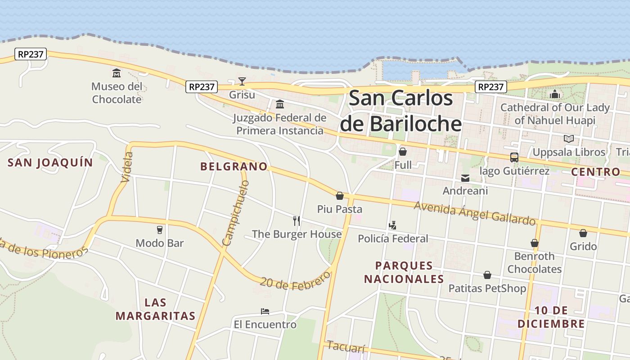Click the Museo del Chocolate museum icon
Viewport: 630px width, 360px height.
(117, 73)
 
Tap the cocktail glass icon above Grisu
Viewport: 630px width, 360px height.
(242, 81)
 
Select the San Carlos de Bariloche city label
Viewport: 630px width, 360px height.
(400, 111)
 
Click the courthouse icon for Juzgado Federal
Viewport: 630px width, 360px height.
(280, 104)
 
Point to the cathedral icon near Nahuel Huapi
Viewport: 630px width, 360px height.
(555, 94)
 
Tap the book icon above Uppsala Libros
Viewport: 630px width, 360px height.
(569, 139)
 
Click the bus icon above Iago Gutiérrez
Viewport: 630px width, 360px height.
(514, 157)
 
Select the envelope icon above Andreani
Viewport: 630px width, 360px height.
(465, 178)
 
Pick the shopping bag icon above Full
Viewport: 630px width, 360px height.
(403, 152)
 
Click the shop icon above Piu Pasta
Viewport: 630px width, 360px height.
(340, 196)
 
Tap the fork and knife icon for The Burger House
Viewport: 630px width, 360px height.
(296, 221)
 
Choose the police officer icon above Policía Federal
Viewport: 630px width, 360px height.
(393, 225)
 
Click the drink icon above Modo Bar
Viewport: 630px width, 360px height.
(160, 230)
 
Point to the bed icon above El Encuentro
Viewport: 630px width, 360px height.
(265, 311)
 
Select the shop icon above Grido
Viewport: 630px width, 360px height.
(583, 233)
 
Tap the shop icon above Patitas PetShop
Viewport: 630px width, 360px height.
(487, 275)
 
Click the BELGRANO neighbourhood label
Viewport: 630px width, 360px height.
(234, 166)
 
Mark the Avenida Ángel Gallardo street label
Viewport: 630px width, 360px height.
(475, 213)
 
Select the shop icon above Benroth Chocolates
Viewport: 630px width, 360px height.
(535, 243)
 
